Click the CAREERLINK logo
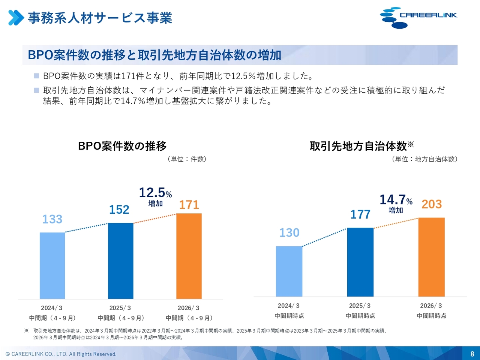(x=418, y=17)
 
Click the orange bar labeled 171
(x=189, y=256)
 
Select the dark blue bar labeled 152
(x=120, y=261)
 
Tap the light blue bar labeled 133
(x=52, y=265)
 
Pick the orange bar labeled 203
(x=431, y=257)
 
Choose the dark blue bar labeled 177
(x=360, y=262)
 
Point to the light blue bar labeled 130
(x=289, y=271)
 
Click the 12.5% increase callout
(x=155, y=196)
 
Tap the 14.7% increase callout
(x=396, y=203)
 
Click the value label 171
(x=189, y=205)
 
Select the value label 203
(x=432, y=204)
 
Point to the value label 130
(x=289, y=232)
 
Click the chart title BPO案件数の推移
(x=122, y=146)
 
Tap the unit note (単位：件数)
(x=187, y=159)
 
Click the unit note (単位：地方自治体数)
(x=424, y=159)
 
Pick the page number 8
(x=472, y=354)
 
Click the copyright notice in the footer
(x=61, y=354)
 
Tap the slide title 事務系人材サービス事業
(x=100, y=18)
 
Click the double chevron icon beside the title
(x=16, y=18)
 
